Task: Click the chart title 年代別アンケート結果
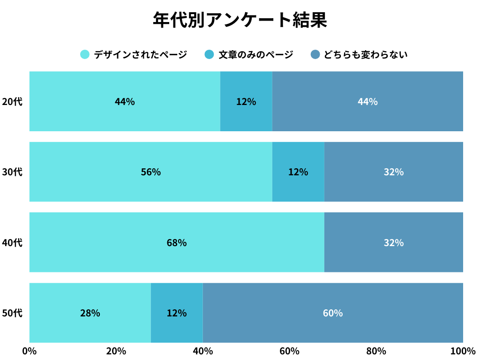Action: (240, 20)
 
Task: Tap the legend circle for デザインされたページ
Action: (85, 54)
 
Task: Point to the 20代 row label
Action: (12, 101)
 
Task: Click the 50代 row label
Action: (12, 313)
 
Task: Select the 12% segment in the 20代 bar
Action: (246, 101)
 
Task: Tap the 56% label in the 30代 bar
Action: (151, 172)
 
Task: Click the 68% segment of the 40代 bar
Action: (177, 242)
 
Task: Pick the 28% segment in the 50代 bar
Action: (90, 313)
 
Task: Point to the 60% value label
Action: (333, 313)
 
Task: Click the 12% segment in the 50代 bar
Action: (177, 313)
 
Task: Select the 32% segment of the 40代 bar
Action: (394, 242)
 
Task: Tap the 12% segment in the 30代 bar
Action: (298, 172)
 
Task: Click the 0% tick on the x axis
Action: (30, 351)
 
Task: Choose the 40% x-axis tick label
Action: (202, 351)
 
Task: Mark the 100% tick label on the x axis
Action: (463, 351)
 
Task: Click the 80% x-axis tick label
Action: (376, 351)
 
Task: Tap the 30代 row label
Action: (12, 172)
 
